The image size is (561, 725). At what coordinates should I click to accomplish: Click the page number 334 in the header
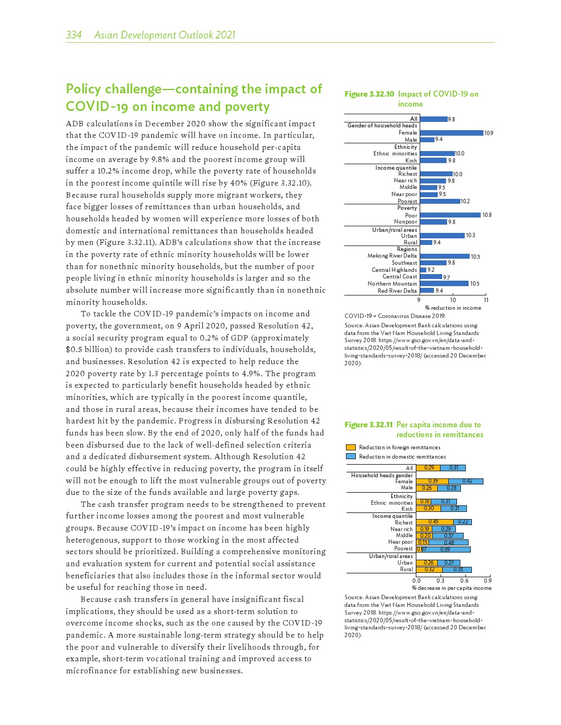[74, 35]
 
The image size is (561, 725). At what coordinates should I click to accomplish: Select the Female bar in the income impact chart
[451, 133]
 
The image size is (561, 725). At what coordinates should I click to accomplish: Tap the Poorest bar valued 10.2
[439, 201]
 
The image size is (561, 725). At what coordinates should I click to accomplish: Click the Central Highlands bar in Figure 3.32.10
[423, 270]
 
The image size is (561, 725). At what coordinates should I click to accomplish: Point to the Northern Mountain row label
[392, 284]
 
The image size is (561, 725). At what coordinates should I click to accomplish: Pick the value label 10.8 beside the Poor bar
[487, 215]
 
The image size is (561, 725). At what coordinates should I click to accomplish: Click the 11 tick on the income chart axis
[486, 300]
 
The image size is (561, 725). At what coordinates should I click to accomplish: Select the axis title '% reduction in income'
[453, 308]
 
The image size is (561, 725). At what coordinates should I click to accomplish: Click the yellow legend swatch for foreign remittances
[351, 448]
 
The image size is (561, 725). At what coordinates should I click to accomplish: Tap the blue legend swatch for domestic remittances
[351, 456]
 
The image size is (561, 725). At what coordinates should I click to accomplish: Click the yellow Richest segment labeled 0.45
[435, 522]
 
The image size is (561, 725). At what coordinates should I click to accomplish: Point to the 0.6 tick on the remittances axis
[464, 581]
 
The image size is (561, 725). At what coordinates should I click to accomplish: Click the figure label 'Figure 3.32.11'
[369, 425]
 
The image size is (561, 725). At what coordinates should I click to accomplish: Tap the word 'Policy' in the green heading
[83, 89]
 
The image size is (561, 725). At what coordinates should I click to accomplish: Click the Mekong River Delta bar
[444, 256]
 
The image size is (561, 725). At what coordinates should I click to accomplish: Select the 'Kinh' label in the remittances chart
[407, 509]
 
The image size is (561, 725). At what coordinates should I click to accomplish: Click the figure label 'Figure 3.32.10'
[369, 94]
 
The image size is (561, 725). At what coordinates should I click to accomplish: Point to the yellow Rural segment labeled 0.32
[429, 570]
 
